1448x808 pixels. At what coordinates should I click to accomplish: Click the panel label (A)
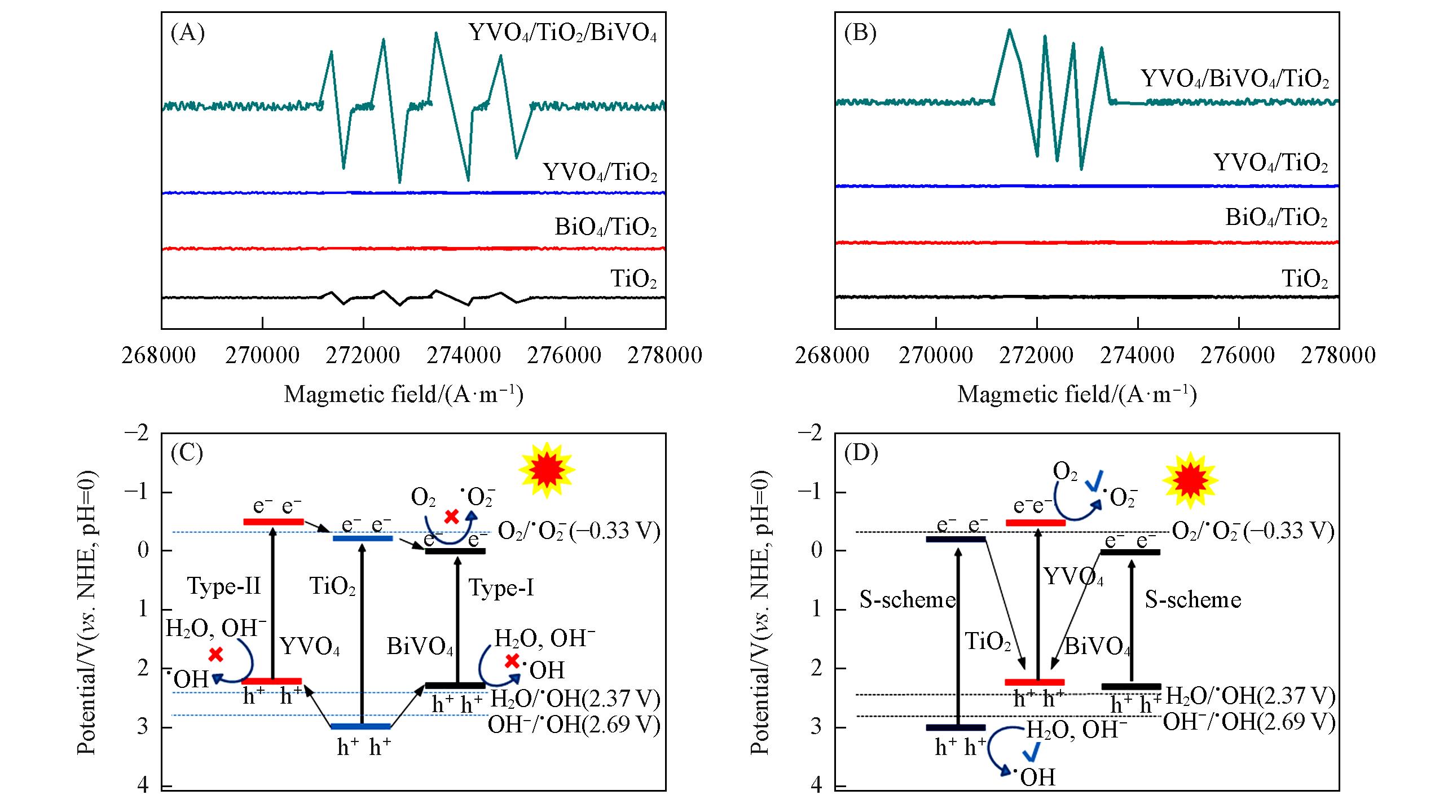tap(187, 34)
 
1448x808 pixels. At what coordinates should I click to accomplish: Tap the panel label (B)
tap(860, 34)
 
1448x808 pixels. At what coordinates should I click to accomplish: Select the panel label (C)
tap(187, 453)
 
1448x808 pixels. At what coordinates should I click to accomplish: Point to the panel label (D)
tap(861, 453)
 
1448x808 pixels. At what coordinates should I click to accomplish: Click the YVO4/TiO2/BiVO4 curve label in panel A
tap(562, 33)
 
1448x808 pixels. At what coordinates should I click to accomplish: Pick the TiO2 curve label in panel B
tap(1305, 279)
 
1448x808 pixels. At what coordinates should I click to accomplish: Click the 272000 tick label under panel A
tap(363, 355)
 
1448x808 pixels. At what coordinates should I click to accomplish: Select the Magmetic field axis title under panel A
tap(403, 394)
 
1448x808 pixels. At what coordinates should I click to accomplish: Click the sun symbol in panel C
tap(546, 470)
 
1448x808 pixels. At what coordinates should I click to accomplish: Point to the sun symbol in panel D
tap(1190, 480)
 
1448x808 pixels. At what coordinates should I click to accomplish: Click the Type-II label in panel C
tap(224, 586)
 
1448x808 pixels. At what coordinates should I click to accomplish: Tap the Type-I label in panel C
tap(501, 588)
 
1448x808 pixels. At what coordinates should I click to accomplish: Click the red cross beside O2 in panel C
tap(451, 516)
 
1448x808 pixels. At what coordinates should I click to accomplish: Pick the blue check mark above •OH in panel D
tap(1032, 752)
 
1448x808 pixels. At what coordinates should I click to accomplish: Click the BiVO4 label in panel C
tap(420, 647)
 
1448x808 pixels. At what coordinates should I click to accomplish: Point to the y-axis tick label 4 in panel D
tap(816, 785)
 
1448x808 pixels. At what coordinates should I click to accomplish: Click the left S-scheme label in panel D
tap(907, 599)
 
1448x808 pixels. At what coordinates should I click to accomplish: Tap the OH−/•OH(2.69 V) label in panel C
tap(574, 725)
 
